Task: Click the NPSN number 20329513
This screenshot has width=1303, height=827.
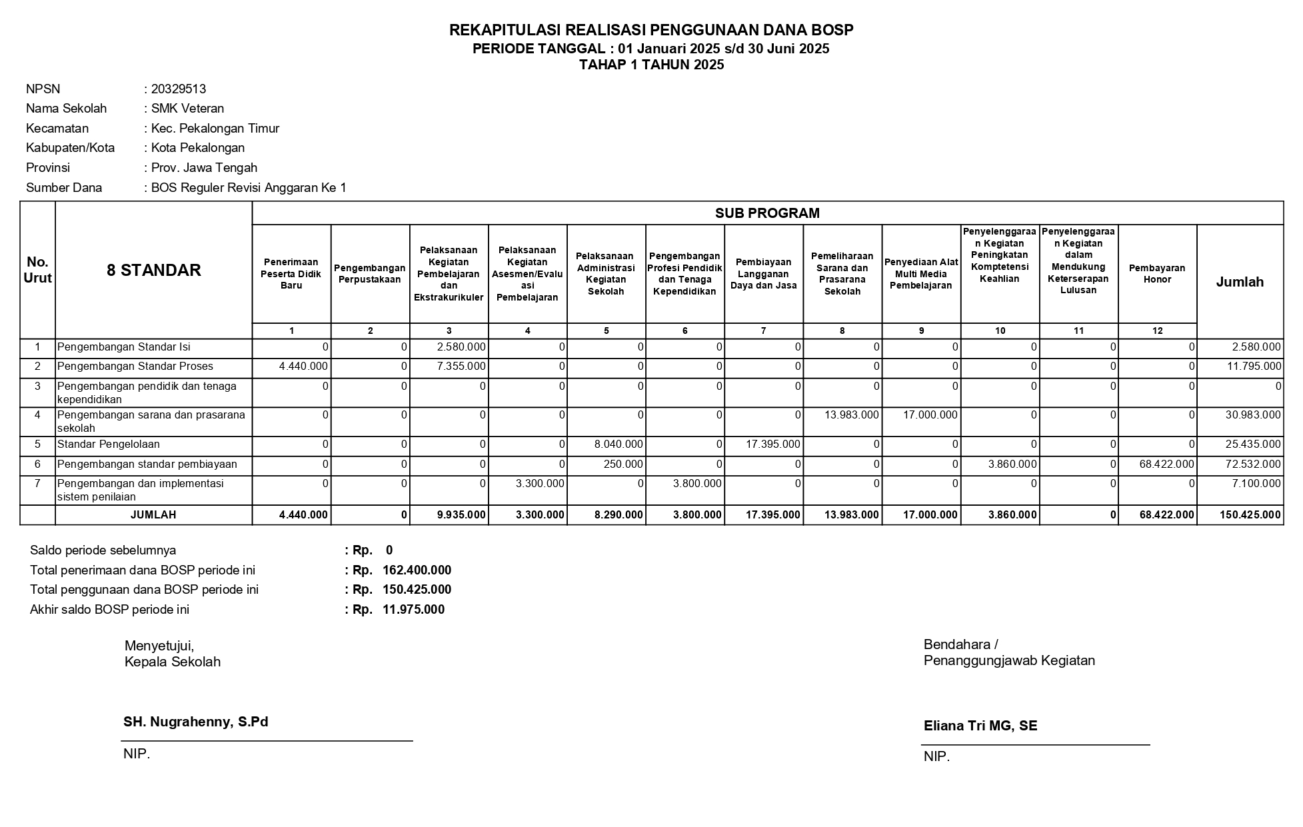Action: (x=178, y=89)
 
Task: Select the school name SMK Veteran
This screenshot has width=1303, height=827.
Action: (x=187, y=109)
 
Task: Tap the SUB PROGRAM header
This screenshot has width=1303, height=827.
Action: (x=767, y=213)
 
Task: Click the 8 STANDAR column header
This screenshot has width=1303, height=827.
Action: (x=153, y=271)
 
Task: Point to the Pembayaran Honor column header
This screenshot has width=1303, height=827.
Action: (x=1156, y=274)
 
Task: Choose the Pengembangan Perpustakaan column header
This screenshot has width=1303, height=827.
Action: (x=370, y=274)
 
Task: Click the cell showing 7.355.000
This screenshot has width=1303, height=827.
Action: (x=461, y=367)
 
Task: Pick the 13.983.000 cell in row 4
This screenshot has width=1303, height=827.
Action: (x=851, y=415)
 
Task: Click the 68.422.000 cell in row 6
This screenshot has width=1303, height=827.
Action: (x=1166, y=464)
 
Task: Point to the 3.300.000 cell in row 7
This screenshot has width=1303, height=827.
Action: (x=540, y=484)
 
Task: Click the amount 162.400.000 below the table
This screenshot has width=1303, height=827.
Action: (x=417, y=570)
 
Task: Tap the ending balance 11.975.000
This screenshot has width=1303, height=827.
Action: (x=413, y=610)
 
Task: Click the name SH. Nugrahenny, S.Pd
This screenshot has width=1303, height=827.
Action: (x=195, y=722)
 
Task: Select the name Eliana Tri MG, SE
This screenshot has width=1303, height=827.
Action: (x=980, y=726)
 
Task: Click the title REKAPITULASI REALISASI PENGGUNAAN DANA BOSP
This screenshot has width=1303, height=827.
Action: (x=651, y=30)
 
